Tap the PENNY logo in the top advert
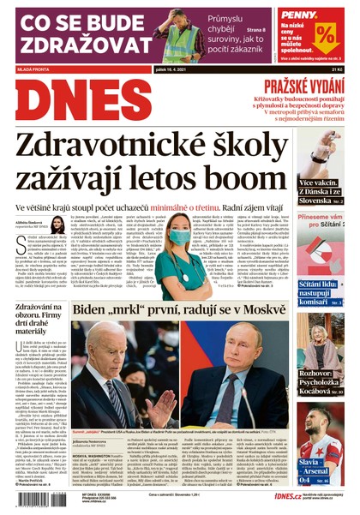tap(297, 15)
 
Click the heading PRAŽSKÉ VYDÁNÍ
tap(301, 85)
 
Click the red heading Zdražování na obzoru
tap(38, 318)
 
